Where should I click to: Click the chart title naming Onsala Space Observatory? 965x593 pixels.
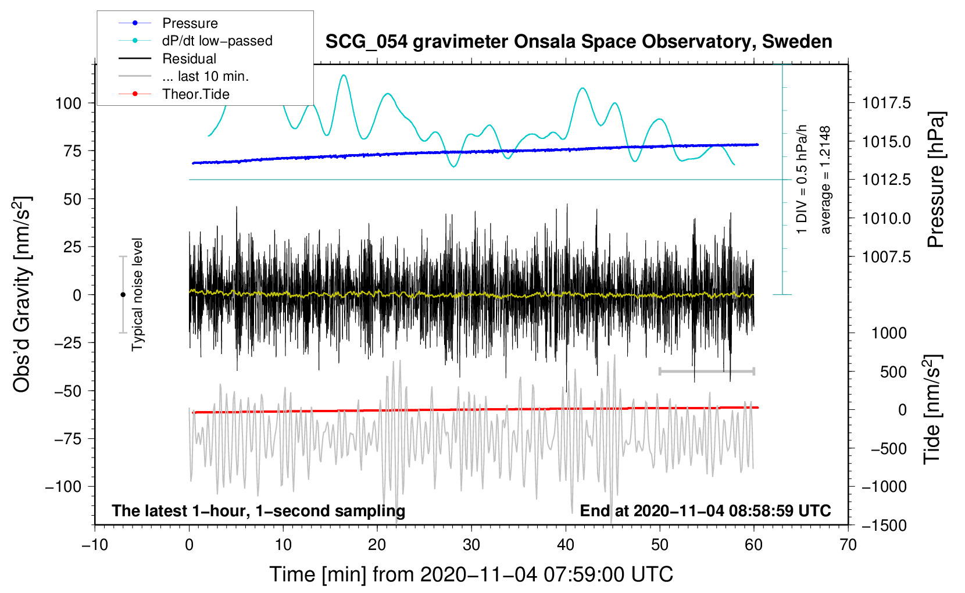point(578,42)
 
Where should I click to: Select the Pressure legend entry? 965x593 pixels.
point(190,23)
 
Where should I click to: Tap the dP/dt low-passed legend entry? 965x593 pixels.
point(217,41)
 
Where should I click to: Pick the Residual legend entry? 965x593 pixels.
point(189,59)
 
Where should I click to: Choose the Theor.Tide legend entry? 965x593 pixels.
point(195,94)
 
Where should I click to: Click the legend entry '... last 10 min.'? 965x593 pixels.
point(205,76)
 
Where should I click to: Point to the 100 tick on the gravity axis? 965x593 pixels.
point(68,103)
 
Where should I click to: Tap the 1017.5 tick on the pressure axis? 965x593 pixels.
point(886,103)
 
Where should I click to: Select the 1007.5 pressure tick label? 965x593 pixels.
point(886,257)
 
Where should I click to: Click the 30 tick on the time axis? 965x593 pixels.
point(471,545)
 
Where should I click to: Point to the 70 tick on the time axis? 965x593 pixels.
point(848,545)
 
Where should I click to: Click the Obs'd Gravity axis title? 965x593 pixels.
point(22,295)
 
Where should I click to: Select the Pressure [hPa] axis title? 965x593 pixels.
point(936,180)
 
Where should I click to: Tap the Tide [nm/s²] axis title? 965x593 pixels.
point(932,410)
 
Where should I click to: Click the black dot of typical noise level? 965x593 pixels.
point(123,295)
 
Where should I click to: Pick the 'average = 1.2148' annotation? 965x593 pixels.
point(825,180)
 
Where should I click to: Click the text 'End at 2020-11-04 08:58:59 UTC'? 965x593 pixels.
point(705,511)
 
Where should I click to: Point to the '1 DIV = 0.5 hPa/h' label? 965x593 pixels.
point(802,179)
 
